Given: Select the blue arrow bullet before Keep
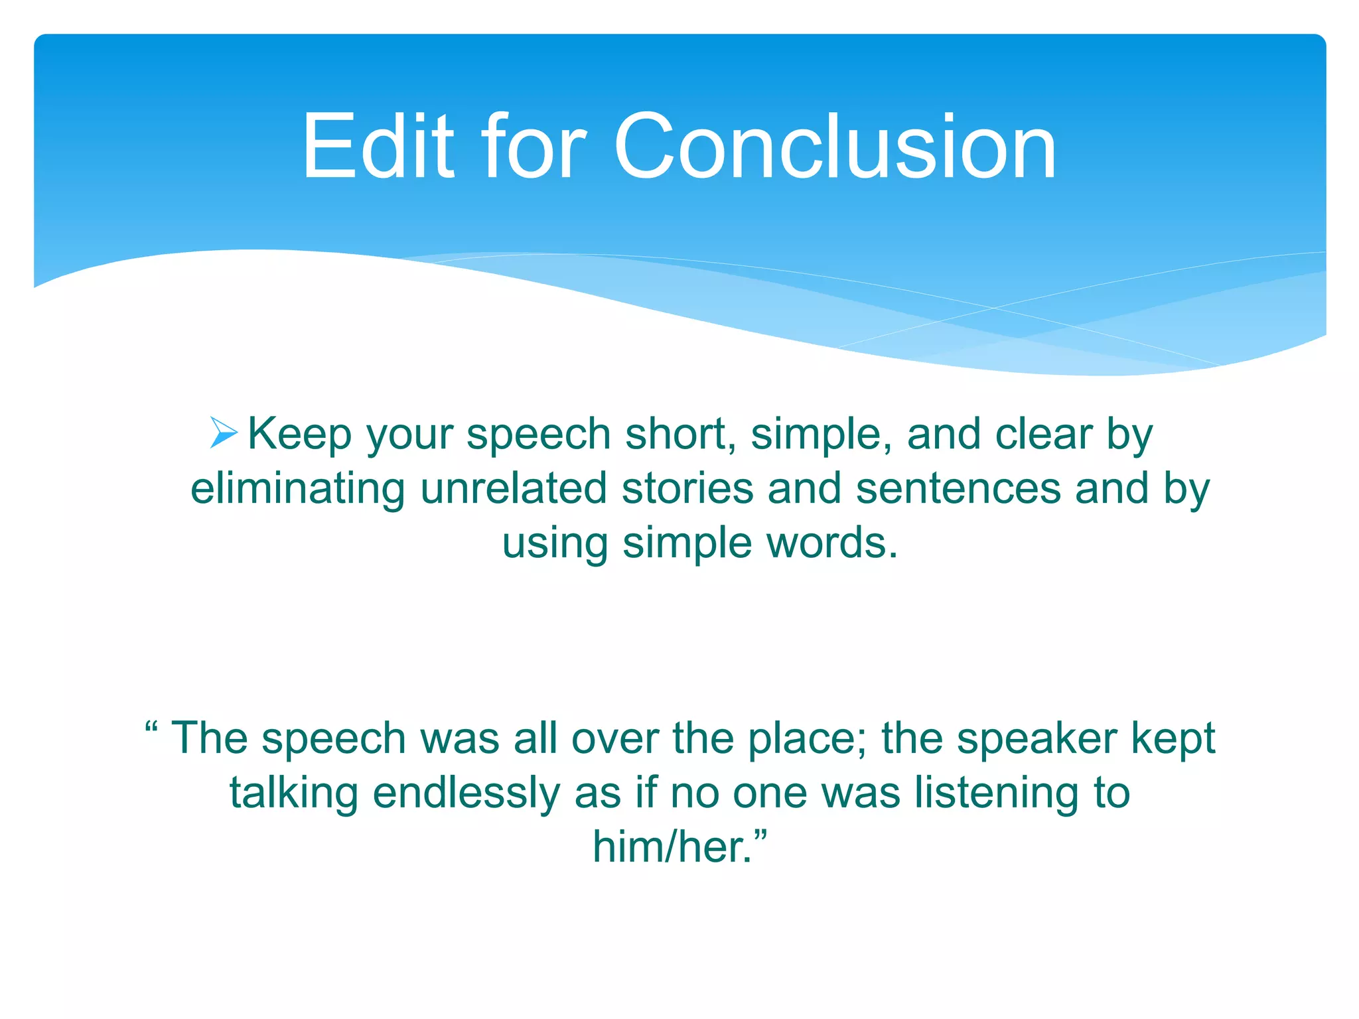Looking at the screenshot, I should (x=224, y=433).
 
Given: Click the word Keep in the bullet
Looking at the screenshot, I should (x=299, y=435).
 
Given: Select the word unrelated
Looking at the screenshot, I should (x=514, y=489).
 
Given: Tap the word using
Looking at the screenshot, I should (x=555, y=544).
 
